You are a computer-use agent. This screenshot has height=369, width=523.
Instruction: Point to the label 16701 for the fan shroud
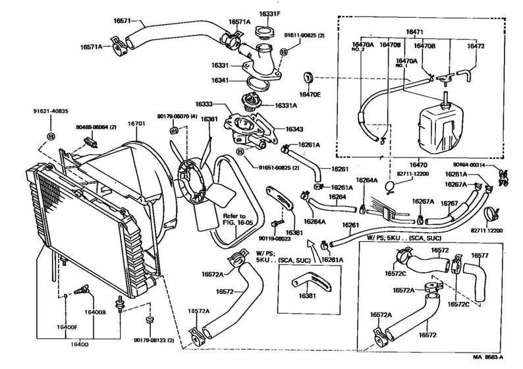pyautogui.click(x=136, y=123)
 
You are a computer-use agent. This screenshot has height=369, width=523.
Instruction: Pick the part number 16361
pyautogui.click(x=209, y=119)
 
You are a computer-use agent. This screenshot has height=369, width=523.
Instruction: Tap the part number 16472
pyautogui.click(x=476, y=47)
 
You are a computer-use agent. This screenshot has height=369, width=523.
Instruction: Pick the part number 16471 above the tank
pyautogui.click(x=414, y=31)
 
